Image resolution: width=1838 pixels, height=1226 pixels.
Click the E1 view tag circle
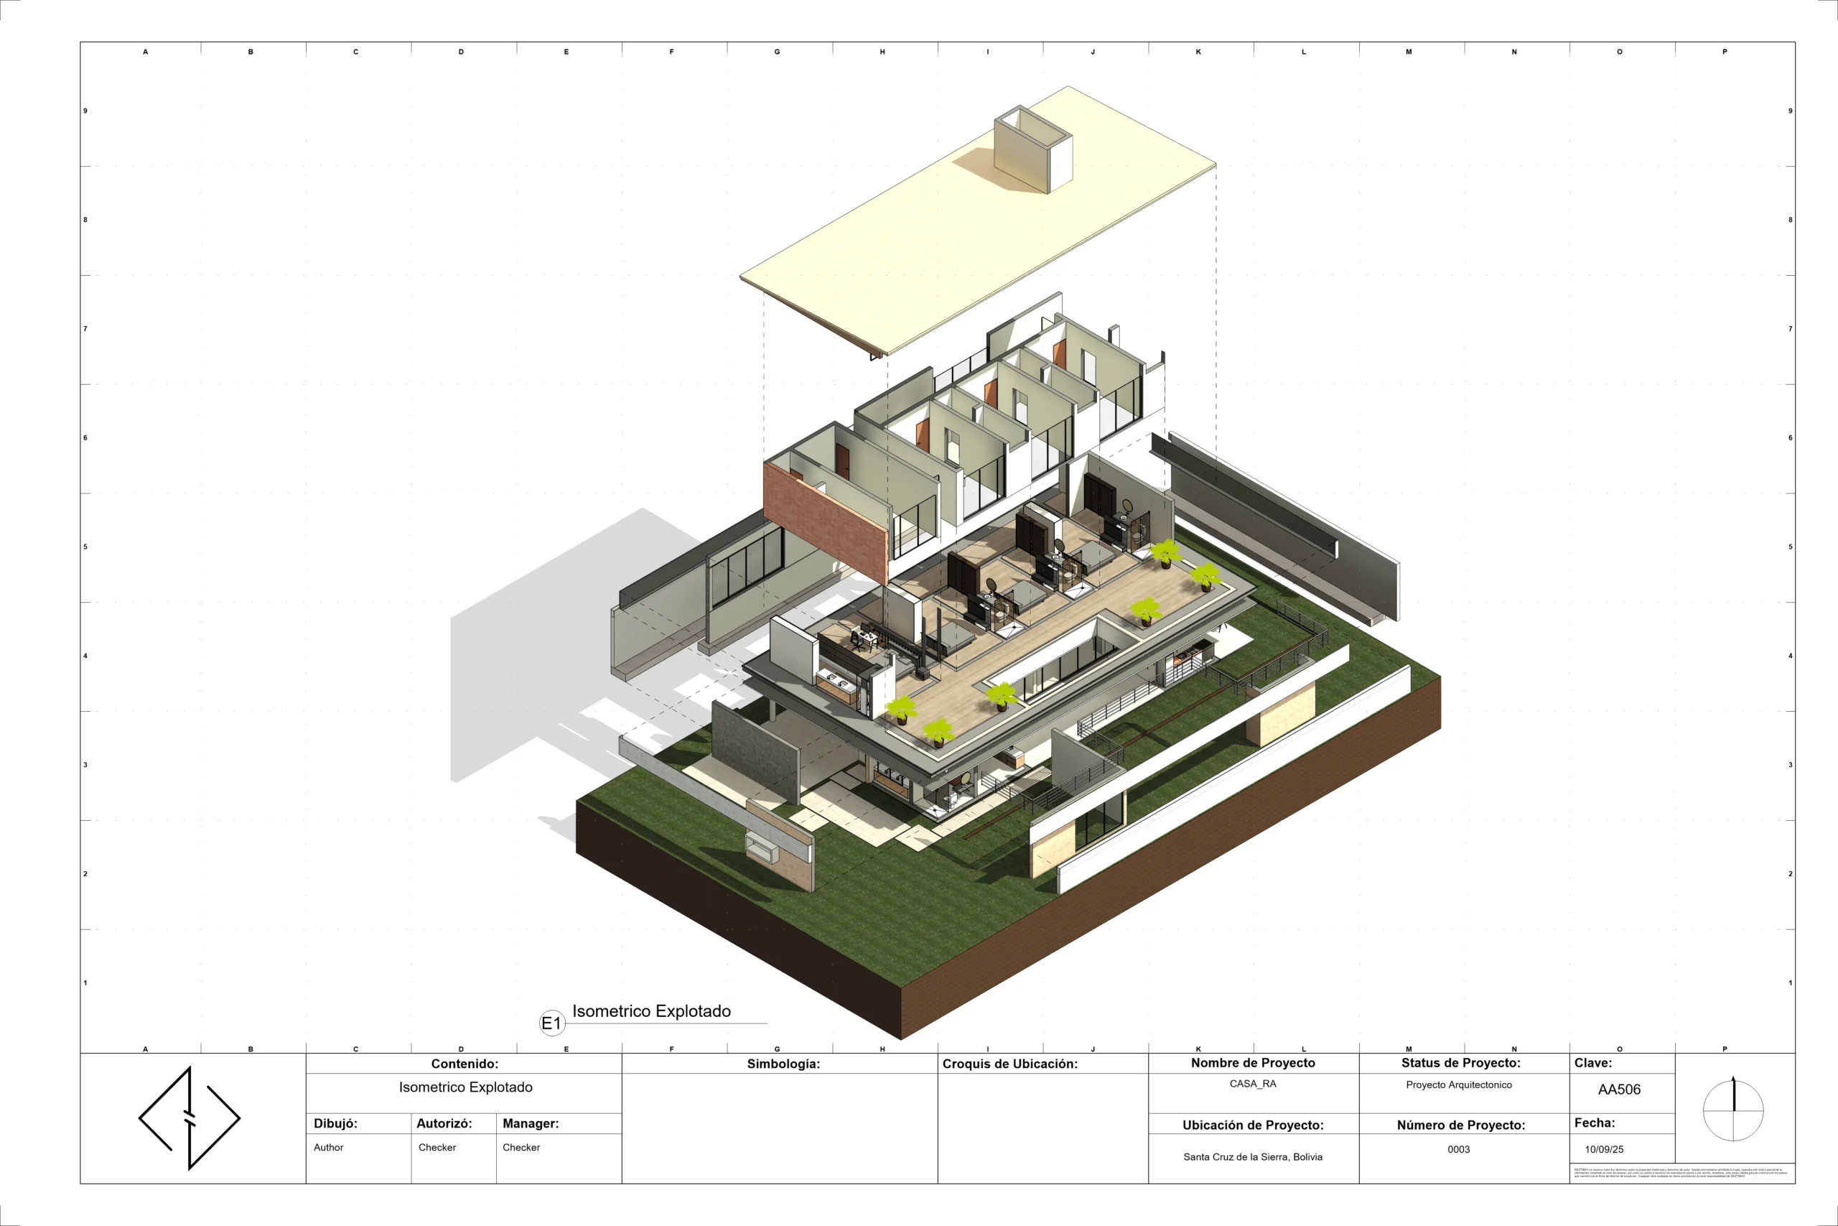click(551, 1023)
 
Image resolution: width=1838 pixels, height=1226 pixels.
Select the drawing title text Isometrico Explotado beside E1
click(651, 1011)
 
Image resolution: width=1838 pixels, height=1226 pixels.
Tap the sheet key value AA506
click(1619, 1089)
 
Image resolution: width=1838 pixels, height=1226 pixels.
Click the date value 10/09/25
click(1603, 1149)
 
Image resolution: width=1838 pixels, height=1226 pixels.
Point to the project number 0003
click(1458, 1149)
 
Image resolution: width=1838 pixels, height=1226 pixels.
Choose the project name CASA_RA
click(1253, 1084)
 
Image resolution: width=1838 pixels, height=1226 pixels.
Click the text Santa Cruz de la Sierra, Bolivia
click(1253, 1156)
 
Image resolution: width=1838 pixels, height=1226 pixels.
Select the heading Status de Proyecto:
click(1460, 1062)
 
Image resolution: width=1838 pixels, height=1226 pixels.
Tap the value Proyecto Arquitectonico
click(1458, 1085)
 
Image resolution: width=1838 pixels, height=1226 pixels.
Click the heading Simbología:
click(783, 1064)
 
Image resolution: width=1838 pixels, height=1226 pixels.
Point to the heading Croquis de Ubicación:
click(1009, 1064)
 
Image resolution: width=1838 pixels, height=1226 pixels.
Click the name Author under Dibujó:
click(328, 1147)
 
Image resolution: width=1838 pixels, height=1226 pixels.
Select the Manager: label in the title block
click(531, 1123)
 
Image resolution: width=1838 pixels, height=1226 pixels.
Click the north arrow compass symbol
click(1733, 1110)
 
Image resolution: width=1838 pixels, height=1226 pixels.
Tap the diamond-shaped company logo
click(189, 1118)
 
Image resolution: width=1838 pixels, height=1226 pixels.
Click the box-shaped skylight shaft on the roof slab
click(1032, 149)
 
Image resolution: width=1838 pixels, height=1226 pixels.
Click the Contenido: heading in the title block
click(465, 1064)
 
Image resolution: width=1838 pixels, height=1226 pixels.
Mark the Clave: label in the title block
click(1592, 1062)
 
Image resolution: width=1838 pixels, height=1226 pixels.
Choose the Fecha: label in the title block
click(1594, 1123)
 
